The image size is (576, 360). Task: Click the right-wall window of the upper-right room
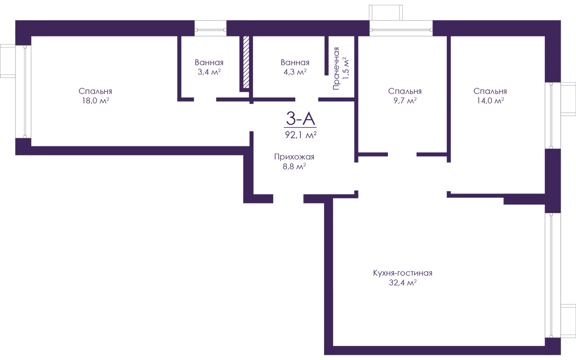(x=552, y=115)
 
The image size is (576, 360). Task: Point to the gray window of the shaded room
(x=552, y=274)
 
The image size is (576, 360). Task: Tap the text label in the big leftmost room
(x=96, y=96)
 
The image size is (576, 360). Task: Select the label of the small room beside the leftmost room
(x=209, y=67)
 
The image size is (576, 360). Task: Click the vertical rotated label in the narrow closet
(x=338, y=67)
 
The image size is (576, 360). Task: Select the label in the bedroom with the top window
(x=405, y=96)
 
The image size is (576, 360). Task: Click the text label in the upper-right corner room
(x=490, y=96)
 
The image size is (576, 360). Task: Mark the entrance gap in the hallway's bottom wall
(x=288, y=198)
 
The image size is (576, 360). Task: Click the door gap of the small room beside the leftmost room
(x=205, y=100)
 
